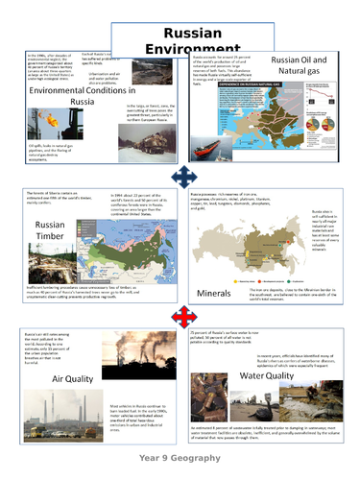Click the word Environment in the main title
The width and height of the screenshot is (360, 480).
[x=180, y=48]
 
